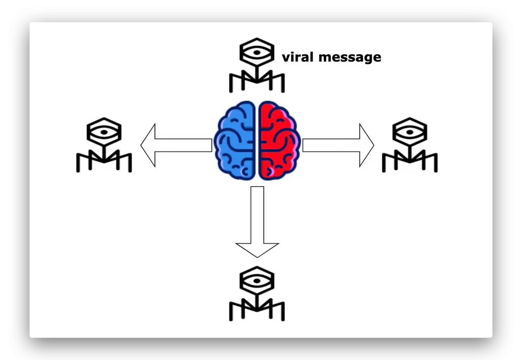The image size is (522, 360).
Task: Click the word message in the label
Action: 349,58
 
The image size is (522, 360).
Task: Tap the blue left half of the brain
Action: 236,140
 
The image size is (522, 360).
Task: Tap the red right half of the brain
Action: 279,140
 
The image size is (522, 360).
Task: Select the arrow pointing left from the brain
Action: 176,145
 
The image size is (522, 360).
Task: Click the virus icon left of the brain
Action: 104,145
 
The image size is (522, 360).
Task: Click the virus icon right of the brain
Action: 410,145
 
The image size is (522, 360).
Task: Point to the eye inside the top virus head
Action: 257,52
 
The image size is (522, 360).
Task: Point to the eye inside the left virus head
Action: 104,132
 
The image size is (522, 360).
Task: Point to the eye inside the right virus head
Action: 410,132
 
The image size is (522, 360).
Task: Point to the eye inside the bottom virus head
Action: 257,281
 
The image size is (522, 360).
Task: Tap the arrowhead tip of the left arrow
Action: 142,145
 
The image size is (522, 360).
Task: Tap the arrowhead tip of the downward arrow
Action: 257,256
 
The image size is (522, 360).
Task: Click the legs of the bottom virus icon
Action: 257,311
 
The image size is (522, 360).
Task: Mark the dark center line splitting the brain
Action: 257,140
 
